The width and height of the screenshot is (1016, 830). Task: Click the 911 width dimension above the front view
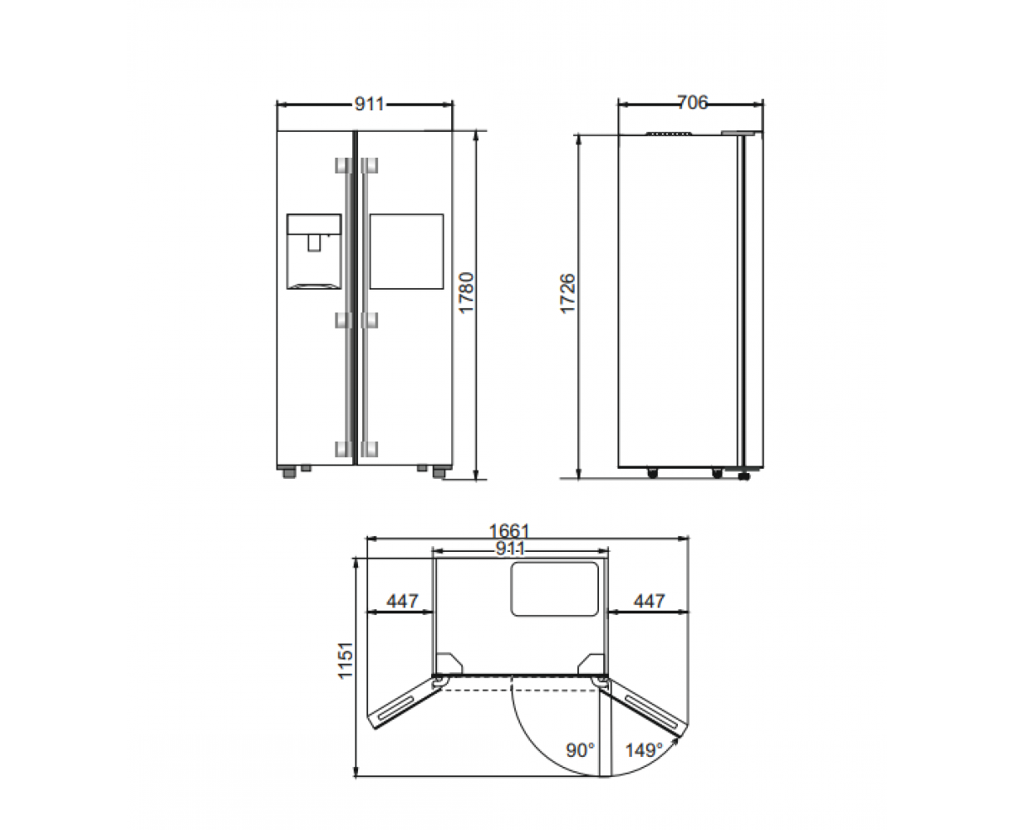(x=369, y=104)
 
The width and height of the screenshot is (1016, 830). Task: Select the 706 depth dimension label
(x=692, y=103)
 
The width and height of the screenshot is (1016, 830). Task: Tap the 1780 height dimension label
(x=467, y=293)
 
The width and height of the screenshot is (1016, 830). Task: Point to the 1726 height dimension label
(x=568, y=294)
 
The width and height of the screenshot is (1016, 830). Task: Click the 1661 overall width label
(x=509, y=531)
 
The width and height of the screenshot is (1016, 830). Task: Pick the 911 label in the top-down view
(x=510, y=549)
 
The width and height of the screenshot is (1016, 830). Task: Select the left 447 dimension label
(x=402, y=601)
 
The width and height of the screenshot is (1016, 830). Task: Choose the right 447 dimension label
(x=650, y=601)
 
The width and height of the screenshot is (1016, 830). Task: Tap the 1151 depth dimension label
(x=346, y=661)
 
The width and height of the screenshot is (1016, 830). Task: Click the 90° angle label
(x=581, y=750)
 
